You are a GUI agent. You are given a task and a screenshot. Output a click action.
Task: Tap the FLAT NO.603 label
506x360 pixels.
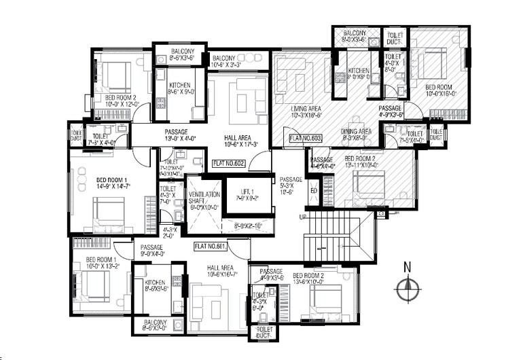point(305,139)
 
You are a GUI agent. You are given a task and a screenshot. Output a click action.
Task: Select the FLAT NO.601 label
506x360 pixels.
point(209,245)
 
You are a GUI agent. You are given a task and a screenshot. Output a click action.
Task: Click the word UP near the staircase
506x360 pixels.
point(302,215)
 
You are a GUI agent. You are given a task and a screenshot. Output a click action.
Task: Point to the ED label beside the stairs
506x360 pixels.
point(313,190)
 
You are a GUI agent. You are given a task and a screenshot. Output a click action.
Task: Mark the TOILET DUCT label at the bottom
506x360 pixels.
point(262,331)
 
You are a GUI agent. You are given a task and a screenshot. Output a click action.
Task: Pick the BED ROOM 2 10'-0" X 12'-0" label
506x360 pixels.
point(121,101)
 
